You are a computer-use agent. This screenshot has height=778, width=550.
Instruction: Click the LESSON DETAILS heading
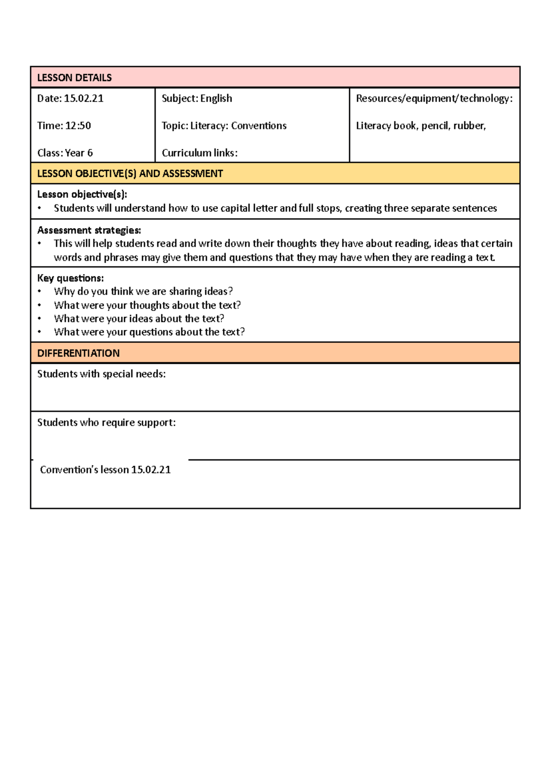[74, 77]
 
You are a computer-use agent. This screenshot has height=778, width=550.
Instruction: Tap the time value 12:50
[77, 126]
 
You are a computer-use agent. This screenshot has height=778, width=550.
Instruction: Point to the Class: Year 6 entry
[65, 153]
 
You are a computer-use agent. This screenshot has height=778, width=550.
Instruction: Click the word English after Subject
[216, 99]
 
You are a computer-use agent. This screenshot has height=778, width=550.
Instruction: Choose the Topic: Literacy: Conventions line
[224, 126]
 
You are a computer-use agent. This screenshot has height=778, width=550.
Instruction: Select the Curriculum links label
[199, 153]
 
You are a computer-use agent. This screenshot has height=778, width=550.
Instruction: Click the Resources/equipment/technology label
[434, 99]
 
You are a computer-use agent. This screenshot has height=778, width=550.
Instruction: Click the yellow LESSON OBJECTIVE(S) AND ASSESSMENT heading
[130, 174]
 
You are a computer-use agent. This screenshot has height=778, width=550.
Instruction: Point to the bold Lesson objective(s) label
[82, 194]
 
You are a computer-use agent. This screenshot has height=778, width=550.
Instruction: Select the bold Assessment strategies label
[89, 230]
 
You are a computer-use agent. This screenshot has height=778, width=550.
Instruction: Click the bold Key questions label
[70, 278]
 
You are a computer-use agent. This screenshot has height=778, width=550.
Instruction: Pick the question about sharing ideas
[143, 291]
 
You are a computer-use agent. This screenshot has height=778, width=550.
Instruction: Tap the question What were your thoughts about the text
[147, 305]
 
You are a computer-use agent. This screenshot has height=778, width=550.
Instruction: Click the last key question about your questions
[149, 332]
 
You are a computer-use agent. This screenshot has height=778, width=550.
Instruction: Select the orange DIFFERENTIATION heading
[78, 353]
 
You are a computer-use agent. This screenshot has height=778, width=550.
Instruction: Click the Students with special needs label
[101, 374]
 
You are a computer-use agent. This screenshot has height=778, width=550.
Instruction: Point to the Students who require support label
[106, 422]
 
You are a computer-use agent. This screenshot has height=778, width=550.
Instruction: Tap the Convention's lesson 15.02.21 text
[105, 470]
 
